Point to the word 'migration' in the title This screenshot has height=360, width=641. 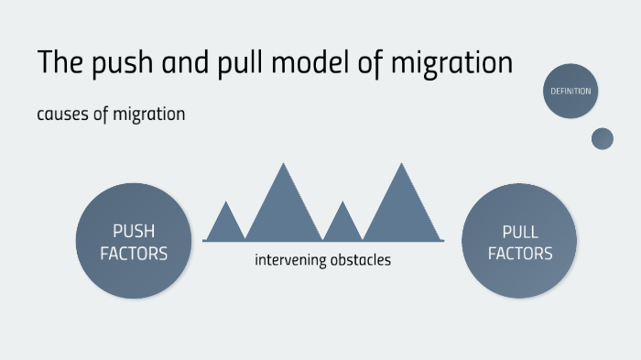[x=450, y=64]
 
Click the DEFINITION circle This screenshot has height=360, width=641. [x=570, y=91]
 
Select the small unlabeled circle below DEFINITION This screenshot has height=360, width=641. [x=603, y=138]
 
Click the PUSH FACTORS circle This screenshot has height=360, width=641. [x=134, y=241]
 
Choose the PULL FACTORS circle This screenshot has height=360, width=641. [x=520, y=241]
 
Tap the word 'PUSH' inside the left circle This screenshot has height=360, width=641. [x=134, y=231]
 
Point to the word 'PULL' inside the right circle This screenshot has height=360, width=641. [x=520, y=231]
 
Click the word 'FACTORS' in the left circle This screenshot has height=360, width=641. [x=134, y=254]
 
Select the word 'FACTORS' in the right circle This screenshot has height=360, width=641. [x=520, y=254]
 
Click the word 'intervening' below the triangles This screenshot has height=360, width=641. [x=288, y=261]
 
